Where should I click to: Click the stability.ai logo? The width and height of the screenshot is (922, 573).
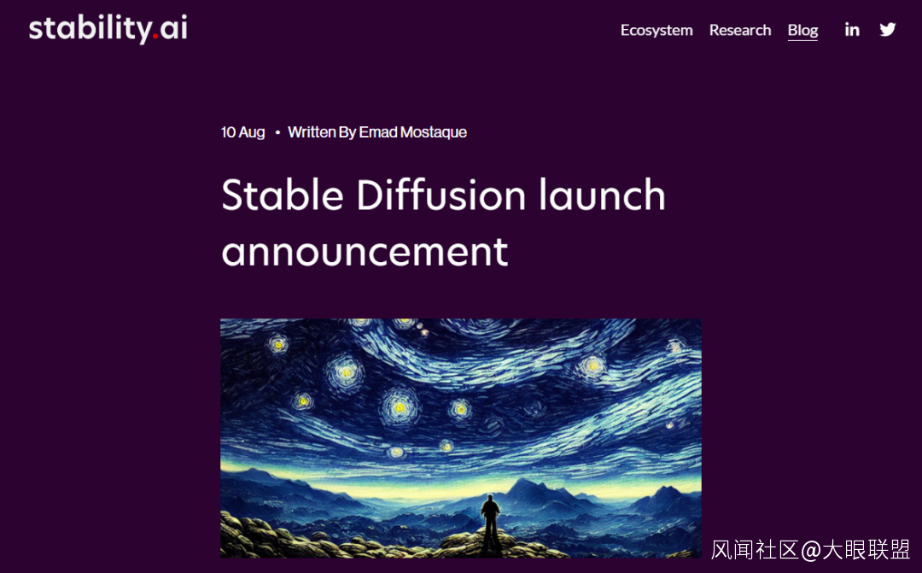108,29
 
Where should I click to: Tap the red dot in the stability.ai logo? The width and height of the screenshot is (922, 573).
155,37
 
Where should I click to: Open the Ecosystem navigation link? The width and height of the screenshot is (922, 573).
656,30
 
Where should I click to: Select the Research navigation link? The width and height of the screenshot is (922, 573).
739,30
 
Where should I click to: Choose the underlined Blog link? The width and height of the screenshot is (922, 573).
802,31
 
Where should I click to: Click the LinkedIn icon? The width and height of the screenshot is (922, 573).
852,29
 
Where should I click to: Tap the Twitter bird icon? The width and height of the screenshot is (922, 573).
888,29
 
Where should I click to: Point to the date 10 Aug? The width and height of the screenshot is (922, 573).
242,132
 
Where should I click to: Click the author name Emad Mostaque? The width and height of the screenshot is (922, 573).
413,132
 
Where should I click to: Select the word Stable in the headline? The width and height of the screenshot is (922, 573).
283,196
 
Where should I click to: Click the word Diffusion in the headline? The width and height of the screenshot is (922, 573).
441,196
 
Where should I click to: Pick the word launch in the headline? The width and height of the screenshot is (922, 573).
602,196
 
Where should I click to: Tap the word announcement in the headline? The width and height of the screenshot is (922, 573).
365,253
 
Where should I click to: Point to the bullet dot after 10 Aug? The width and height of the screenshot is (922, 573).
277,133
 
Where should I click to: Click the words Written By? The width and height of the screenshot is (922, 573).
322,132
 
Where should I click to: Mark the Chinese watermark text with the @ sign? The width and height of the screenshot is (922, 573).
810,549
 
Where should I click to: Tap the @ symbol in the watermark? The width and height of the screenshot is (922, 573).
811,550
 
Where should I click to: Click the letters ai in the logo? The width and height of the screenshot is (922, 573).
173,27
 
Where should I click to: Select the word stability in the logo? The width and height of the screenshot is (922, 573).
90,29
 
